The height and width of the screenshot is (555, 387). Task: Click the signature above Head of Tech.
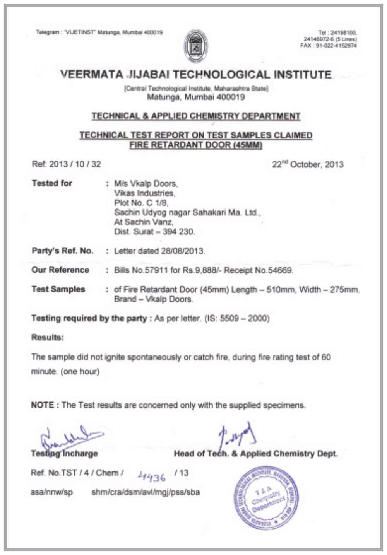click(237, 435)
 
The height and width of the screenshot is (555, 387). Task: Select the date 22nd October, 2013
click(308, 164)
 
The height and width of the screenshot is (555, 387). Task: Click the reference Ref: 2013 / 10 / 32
click(66, 164)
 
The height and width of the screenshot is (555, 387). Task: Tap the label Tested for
click(52, 183)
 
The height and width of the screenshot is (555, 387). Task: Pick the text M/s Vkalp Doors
click(146, 184)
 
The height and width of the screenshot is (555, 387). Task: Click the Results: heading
click(48, 337)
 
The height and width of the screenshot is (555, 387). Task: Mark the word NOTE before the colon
click(43, 405)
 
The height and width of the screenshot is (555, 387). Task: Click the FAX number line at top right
click(328, 46)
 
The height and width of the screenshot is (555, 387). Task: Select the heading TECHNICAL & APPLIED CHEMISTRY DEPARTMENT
click(196, 116)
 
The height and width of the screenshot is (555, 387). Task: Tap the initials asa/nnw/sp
click(51, 492)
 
